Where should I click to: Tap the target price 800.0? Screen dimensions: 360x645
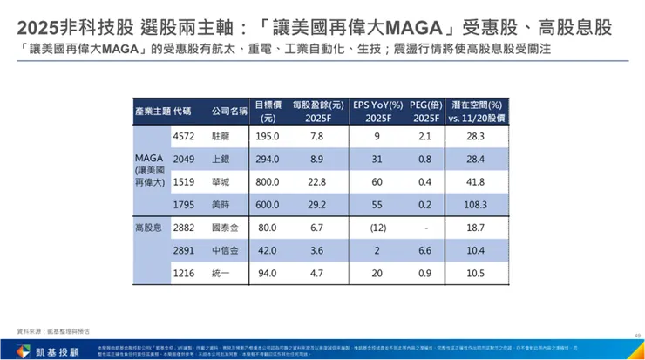tap(267, 181)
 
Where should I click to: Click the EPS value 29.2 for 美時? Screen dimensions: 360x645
tap(316, 204)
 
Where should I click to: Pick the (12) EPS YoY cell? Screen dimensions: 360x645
tap(377, 227)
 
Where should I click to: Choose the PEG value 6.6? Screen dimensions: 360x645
tap(425, 249)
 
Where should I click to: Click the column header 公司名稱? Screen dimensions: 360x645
tap(230, 111)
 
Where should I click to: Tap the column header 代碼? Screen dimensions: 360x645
tap(183, 111)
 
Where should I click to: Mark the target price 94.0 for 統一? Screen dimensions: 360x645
tap(267, 272)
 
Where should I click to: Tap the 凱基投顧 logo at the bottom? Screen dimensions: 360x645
tap(44, 350)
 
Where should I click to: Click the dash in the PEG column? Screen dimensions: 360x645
tap(425, 227)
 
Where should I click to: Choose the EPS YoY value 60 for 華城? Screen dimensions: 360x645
tap(377, 181)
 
